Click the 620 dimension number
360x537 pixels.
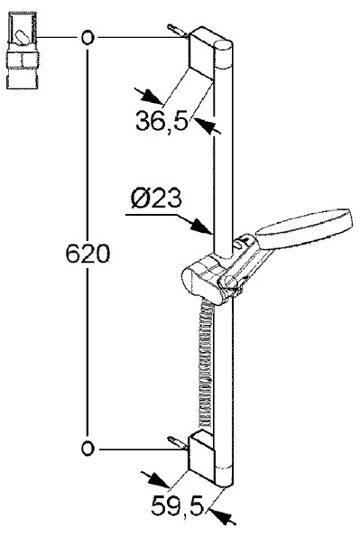tap(88, 254)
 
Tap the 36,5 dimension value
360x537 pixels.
tap(162, 121)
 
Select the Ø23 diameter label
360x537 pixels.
tap(156, 199)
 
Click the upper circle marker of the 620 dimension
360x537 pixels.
tap(88, 37)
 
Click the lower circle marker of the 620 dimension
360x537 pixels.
tap(88, 449)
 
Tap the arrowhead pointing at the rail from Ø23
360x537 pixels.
tap(201, 227)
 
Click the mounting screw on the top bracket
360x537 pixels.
tap(178, 31)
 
